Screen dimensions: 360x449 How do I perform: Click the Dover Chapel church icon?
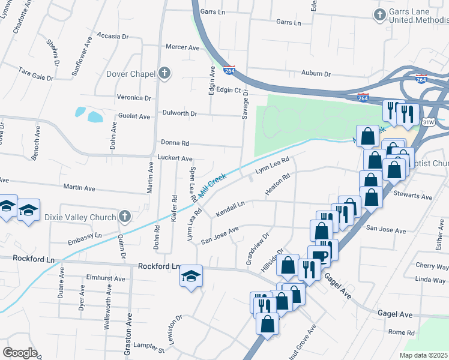(x=165, y=74)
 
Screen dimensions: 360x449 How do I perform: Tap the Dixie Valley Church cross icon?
(x=124, y=215)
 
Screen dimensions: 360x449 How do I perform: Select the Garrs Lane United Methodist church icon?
(x=379, y=14)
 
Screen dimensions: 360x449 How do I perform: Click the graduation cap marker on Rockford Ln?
(x=191, y=276)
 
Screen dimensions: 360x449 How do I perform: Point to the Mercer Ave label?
(x=182, y=47)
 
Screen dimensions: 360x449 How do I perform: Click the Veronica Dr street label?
(x=134, y=98)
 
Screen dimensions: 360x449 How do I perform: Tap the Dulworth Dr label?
(x=180, y=113)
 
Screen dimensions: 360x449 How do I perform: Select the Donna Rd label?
(x=175, y=143)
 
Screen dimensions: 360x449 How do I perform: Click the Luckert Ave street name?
(x=174, y=158)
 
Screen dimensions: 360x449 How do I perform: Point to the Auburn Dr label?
(x=316, y=74)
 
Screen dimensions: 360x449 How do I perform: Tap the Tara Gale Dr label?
(x=37, y=74)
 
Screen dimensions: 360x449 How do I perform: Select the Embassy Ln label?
(x=85, y=236)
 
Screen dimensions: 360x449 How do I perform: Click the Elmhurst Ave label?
(x=106, y=278)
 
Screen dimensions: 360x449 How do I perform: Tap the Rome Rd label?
(x=402, y=332)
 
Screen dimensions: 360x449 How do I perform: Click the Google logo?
(x=20, y=353)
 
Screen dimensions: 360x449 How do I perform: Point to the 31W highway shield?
(x=428, y=122)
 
